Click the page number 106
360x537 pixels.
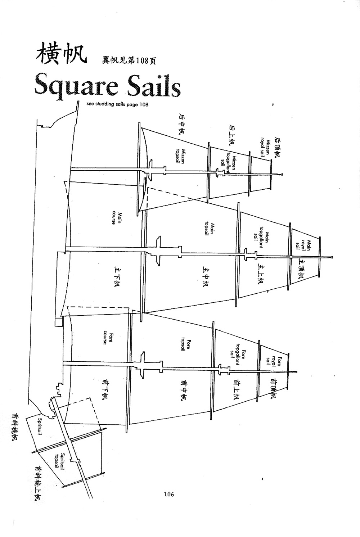coord(168,494)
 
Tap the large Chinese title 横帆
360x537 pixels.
coord(61,54)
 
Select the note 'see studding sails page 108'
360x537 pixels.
coord(117,105)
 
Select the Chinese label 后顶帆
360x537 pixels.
coord(278,147)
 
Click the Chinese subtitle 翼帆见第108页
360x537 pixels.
coord(129,61)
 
